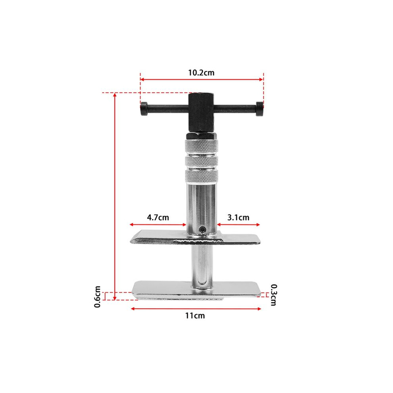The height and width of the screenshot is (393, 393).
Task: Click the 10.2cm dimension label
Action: tap(201, 73)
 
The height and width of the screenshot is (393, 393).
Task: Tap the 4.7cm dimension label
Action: tap(158, 217)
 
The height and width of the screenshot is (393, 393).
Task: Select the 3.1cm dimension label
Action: tap(238, 217)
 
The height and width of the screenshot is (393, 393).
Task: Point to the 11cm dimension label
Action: tap(195, 315)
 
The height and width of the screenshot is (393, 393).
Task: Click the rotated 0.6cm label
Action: tap(97, 297)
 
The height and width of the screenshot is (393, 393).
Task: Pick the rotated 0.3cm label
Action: tap(274, 295)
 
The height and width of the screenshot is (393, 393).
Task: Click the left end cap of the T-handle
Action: tap(144, 109)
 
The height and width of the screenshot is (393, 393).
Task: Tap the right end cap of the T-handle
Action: tap(260, 109)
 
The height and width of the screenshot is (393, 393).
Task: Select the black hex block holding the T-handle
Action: tap(201, 112)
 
